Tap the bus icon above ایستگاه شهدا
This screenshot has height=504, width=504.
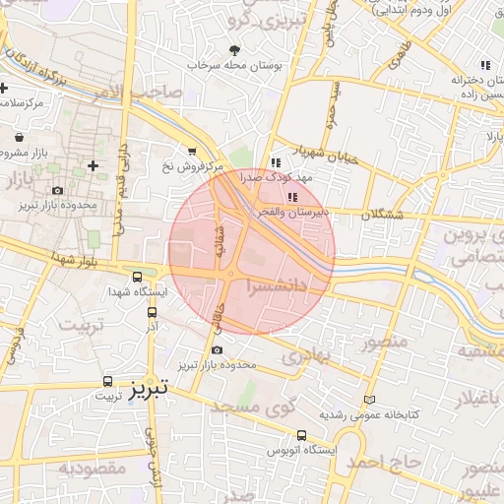[137, 278]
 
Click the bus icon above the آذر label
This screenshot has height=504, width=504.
[152, 312]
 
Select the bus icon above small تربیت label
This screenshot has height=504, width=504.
[107, 380]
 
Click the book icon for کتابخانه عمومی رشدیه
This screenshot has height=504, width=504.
[370, 401]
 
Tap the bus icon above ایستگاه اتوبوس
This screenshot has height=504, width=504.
[301, 435]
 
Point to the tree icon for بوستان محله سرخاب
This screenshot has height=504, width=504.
[233, 49]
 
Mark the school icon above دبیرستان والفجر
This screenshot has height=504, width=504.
[291, 198]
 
